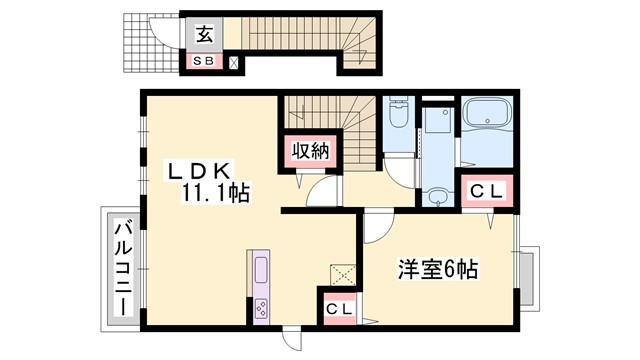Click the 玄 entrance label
pos(203,35)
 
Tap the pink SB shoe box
pos(203,62)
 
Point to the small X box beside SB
pos(234,63)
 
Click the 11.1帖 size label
pos(215,192)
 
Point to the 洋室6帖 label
pos(438,269)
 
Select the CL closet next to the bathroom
pos(489,190)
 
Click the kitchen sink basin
pos(262,269)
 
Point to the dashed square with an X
pos(340,273)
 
